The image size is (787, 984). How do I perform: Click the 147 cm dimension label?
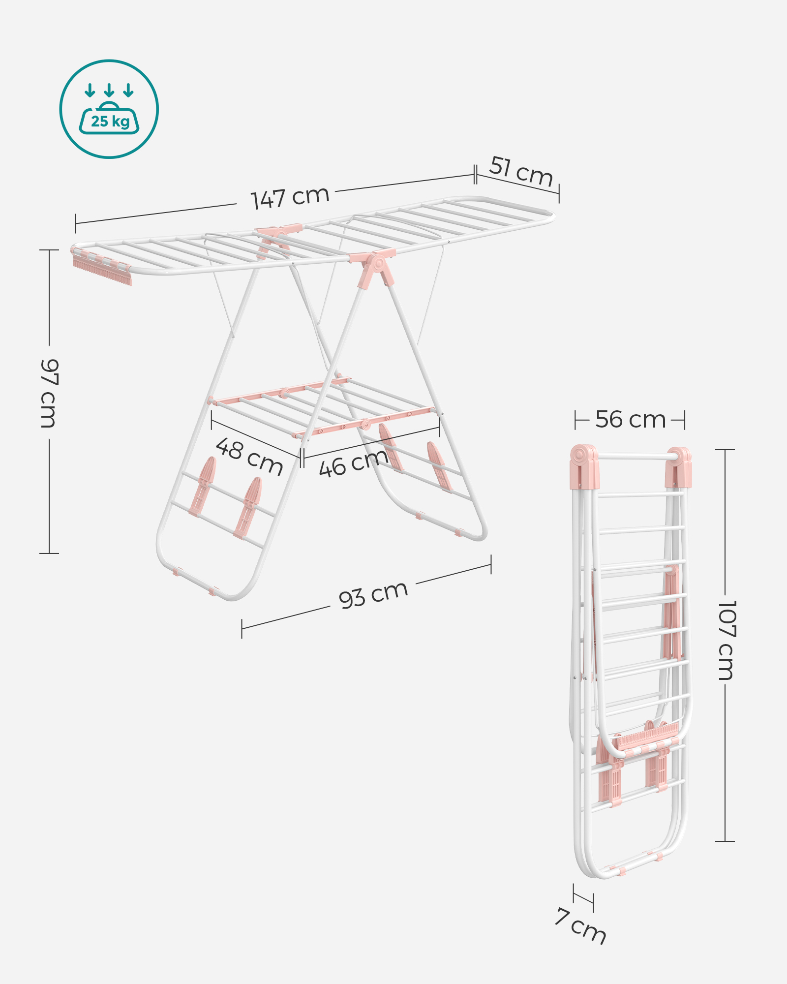[290, 198]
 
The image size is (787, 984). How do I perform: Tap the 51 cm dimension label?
[521, 171]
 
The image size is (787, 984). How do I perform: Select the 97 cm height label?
[49, 393]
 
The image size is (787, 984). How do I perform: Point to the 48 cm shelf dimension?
[249, 457]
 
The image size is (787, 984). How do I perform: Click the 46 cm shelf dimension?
[354, 463]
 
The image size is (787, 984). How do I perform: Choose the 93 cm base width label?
[373, 594]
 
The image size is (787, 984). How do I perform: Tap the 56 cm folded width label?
[630, 420]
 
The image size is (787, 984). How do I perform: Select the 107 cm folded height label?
[726, 640]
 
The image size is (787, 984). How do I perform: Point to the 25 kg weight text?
[110, 121]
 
